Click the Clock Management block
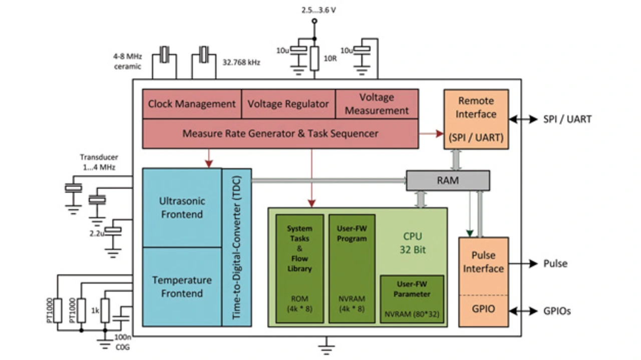(192, 104)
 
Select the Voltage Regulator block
(288, 104)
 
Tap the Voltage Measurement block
(377, 104)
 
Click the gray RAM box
(448, 180)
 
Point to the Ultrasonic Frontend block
(182, 208)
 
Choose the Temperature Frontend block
(182, 287)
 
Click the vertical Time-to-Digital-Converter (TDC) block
(237, 247)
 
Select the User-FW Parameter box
(412, 299)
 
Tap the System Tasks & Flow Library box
(299, 269)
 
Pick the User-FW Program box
(352, 269)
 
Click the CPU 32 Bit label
(412, 243)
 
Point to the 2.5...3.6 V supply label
(318, 11)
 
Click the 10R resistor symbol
(314, 59)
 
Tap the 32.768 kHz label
(241, 63)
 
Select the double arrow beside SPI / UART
(523, 119)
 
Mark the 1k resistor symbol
(105, 310)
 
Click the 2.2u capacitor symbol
(113, 230)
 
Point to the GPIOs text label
(557, 311)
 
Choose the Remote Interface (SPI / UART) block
(476, 119)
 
